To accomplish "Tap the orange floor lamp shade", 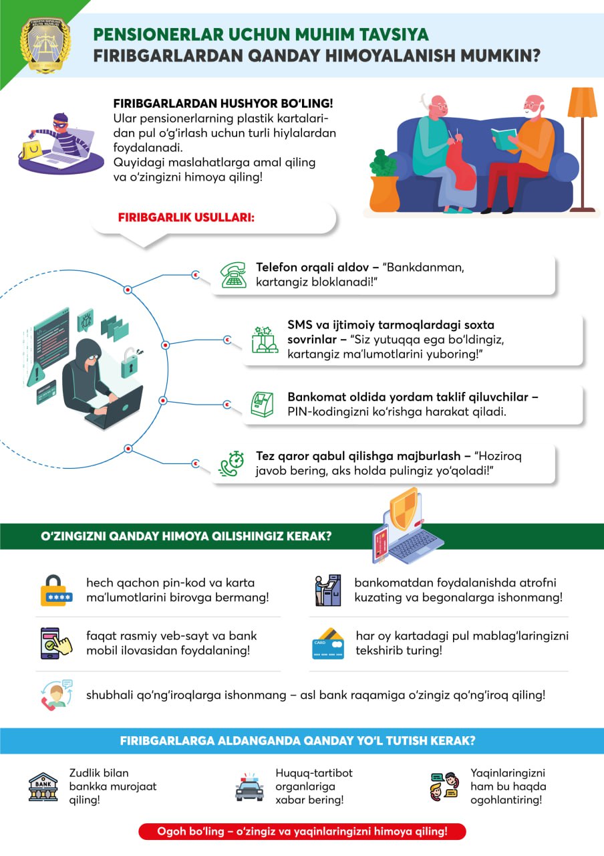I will pos(581,102).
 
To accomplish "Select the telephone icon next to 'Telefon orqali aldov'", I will pos(234,274).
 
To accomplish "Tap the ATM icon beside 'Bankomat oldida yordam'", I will pos(262,405).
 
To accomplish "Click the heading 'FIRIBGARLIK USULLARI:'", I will pos(186,219).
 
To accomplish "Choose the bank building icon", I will pos(43,786).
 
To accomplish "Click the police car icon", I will pos(249,788).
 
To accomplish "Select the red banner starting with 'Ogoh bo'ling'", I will pos(302,831).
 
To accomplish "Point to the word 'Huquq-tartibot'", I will pos(314,773).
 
